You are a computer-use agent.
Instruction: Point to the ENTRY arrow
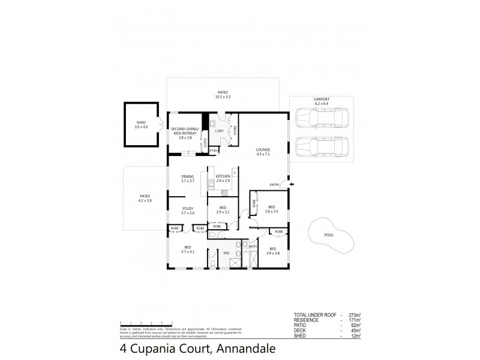pos(292,185)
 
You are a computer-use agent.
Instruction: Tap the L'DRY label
pos(220,131)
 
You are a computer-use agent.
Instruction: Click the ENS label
pos(227,253)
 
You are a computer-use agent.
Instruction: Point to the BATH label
pos(253,247)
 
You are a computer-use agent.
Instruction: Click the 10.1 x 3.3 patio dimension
pos(223,97)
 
